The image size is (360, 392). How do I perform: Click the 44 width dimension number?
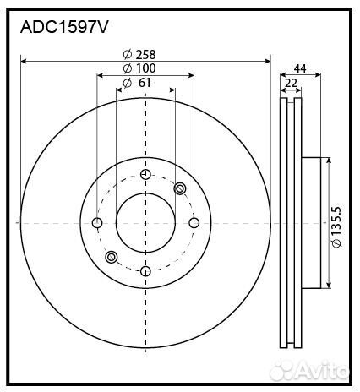[x=300, y=68]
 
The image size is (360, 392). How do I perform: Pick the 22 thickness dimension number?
[x=291, y=83]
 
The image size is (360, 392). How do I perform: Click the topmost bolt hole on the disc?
[x=145, y=175]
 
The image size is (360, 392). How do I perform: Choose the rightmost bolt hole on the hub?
[x=194, y=223]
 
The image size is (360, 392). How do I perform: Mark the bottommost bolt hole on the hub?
[x=145, y=271]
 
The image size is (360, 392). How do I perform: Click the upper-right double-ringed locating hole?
[x=180, y=188]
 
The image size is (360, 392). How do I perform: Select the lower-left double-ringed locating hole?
[x=111, y=257]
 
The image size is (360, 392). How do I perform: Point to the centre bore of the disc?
[x=145, y=223]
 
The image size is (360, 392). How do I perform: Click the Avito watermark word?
[x=326, y=370]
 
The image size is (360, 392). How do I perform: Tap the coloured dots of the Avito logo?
[x=291, y=369]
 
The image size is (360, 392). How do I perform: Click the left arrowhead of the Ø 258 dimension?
[x=23, y=61]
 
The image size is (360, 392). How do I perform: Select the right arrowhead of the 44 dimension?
[x=319, y=76]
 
